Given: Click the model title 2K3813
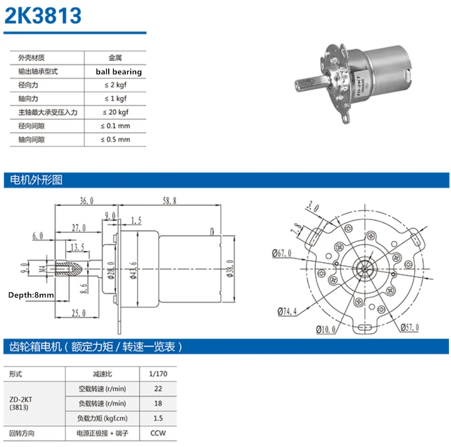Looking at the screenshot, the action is pyautogui.click(x=43, y=16).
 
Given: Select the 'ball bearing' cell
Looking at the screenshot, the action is pyautogui.click(x=118, y=72).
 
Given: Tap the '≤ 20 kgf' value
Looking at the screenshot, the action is pyautogui.click(x=115, y=112).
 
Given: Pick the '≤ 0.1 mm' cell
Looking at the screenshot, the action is pyautogui.click(x=115, y=126).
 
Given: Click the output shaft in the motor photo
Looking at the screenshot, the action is pyautogui.click(x=312, y=84).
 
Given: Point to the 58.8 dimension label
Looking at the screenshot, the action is pyautogui.click(x=169, y=201).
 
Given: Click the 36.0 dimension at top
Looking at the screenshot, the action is pyautogui.click(x=87, y=201).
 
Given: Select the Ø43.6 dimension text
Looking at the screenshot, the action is pyautogui.click(x=133, y=270).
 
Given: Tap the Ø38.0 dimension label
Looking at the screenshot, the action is pyautogui.click(x=230, y=268).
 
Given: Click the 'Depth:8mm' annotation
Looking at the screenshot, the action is pyautogui.click(x=31, y=295).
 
